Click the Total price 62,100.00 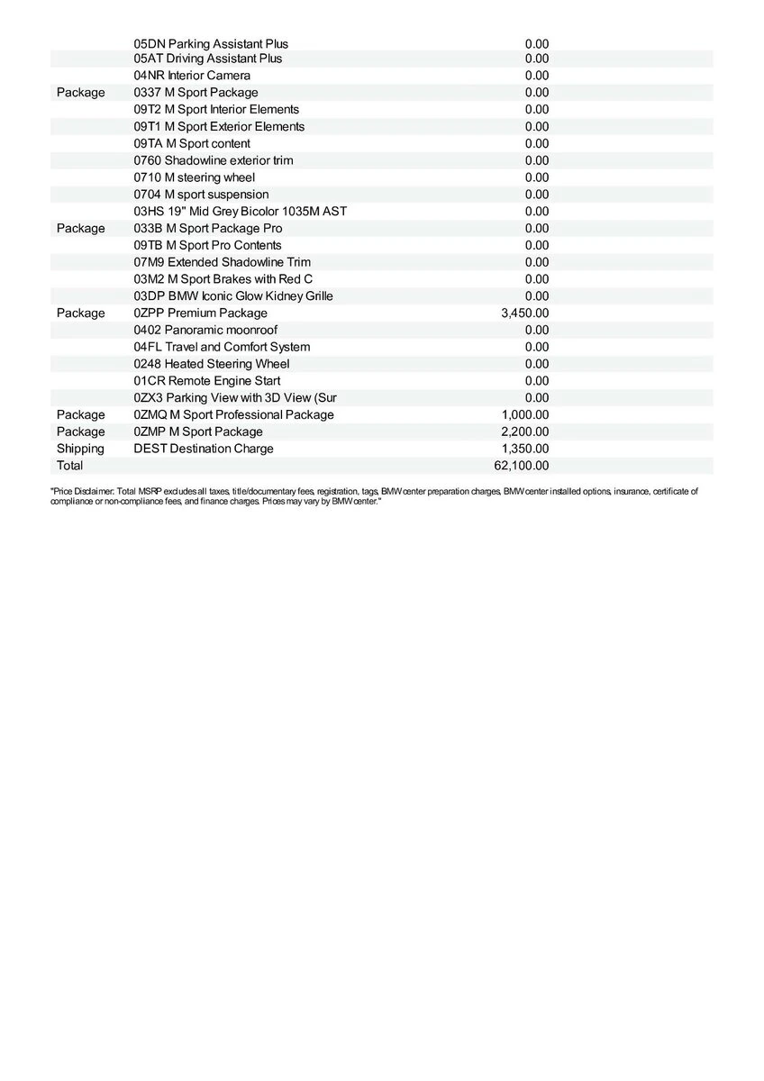524,466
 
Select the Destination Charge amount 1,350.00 524,449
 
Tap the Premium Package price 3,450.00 524,313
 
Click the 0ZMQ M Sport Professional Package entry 233,415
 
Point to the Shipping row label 80,449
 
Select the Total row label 69,466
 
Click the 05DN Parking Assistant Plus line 211,44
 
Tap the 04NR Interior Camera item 192,76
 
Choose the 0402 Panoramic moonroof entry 205,331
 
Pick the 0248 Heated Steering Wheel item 212,364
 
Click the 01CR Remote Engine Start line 206,381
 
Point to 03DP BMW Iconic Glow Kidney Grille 233,296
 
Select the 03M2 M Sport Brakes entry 223,279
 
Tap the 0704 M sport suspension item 201,195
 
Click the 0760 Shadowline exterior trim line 214,160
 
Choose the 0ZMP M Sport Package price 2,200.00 524,432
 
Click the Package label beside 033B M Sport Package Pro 80,229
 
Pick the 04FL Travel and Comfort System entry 222,348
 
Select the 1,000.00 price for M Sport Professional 524,415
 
